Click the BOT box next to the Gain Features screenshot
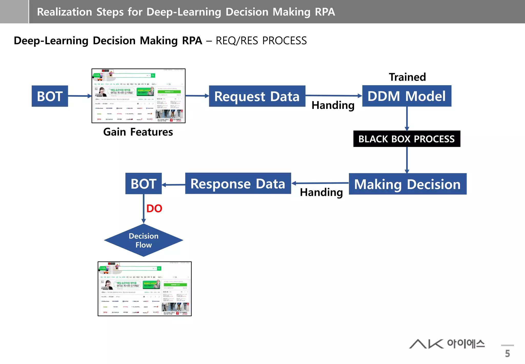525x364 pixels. tap(50, 96)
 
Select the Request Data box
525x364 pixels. tap(257, 96)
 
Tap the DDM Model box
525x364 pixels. tap(407, 96)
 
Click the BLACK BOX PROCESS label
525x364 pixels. tap(407, 139)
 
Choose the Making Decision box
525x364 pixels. tap(407, 184)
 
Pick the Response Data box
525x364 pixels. tap(238, 184)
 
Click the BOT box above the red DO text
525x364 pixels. tap(143, 184)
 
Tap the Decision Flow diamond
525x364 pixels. tap(144, 240)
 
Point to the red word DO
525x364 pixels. tap(154, 208)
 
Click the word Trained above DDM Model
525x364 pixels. tap(407, 77)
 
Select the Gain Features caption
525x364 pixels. tap(138, 132)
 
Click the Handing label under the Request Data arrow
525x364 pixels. tap(333, 105)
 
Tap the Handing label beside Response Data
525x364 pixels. tap(321, 192)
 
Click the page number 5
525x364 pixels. tap(507, 353)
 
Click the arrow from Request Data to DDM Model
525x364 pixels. tap(333, 95)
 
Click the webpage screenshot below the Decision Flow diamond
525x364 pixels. tap(145, 289)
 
